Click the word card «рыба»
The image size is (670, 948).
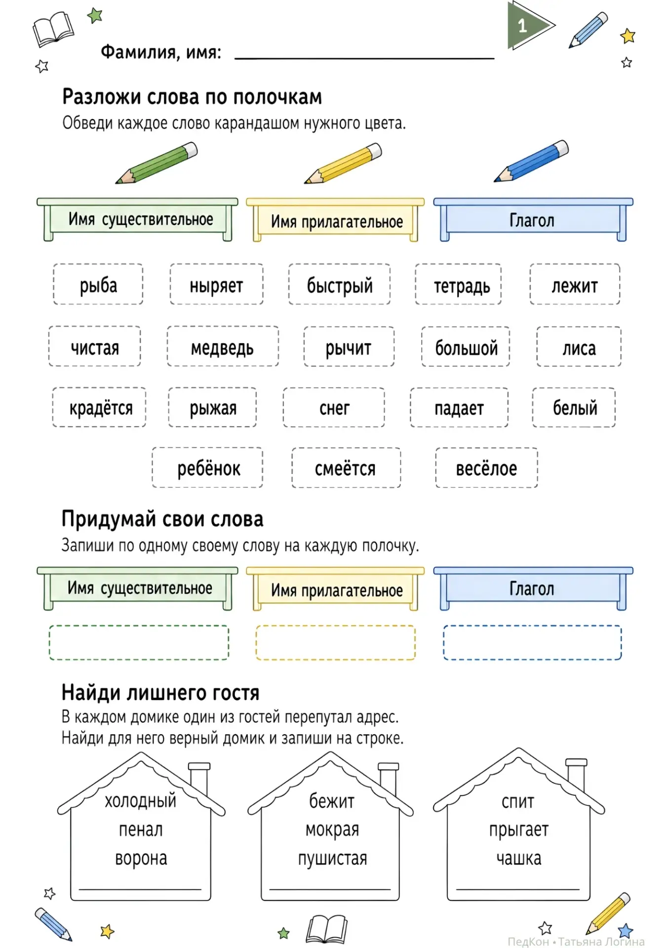(x=98, y=284)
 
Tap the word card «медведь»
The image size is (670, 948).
(x=223, y=346)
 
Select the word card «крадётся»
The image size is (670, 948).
(x=99, y=407)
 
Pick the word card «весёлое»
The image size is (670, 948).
(x=486, y=468)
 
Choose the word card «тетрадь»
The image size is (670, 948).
(x=458, y=284)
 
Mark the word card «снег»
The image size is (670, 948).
(x=334, y=407)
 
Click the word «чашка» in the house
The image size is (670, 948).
(x=519, y=859)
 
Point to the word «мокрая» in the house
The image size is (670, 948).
(x=332, y=830)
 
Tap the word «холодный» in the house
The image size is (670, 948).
(x=141, y=800)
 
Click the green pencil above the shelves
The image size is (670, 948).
(x=157, y=163)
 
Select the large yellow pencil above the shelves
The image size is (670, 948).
(x=343, y=163)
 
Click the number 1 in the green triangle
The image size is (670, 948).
(x=522, y=26)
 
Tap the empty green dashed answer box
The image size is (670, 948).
(x=139, y=642)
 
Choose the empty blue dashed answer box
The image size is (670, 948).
(x=532, y=642)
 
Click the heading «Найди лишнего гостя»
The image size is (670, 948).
(x=160, y=693)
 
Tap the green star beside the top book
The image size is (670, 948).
(x=95, y=15)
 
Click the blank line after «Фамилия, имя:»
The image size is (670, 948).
(x=364, y=58)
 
